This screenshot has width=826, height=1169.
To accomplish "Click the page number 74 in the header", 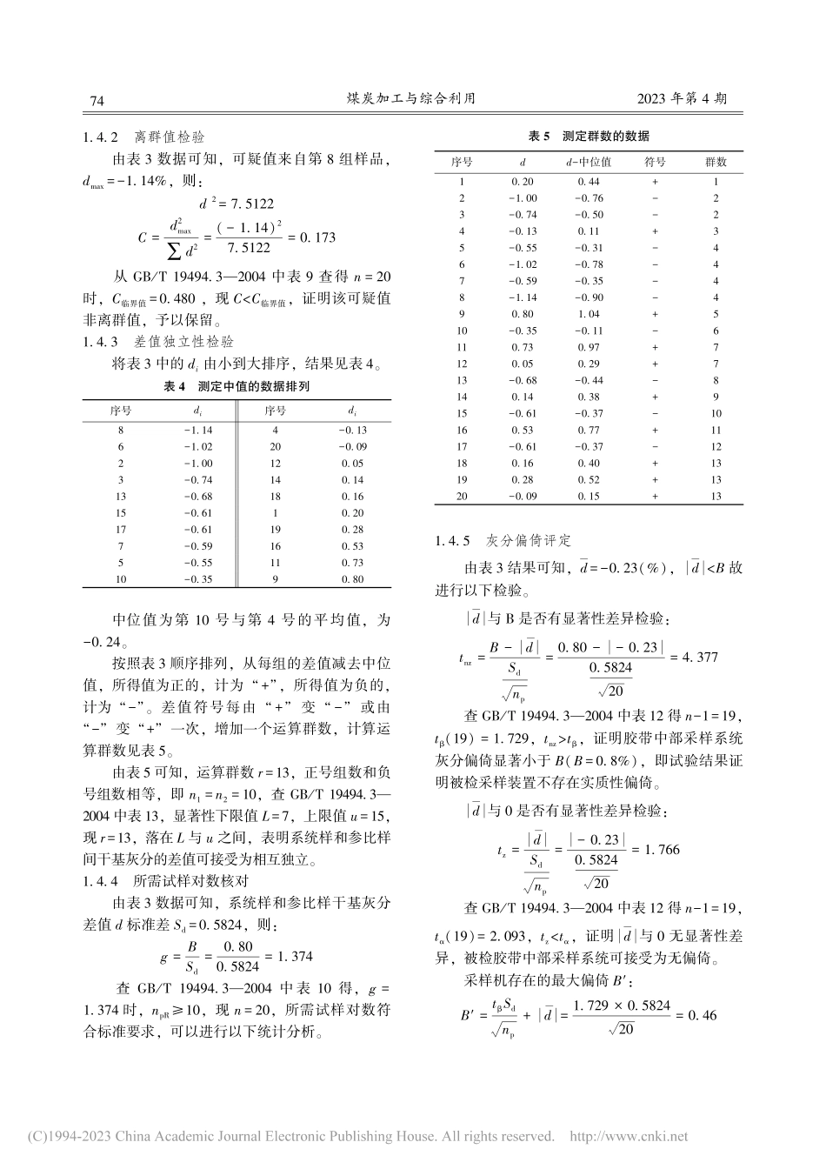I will (97, 102).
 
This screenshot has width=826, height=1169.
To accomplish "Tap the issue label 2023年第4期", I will (682, 100).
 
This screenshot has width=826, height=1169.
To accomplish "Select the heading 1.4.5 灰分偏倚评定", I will (503, 541).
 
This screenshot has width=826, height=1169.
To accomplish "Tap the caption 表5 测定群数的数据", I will (589, 137).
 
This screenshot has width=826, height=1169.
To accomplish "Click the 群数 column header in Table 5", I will (715, 162).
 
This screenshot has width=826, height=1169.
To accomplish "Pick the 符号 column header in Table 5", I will (655, 162).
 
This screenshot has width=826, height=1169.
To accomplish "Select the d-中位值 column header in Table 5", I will (589, 162).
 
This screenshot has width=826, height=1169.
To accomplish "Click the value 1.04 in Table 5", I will (589, 314).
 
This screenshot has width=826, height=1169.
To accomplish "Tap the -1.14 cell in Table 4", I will (198, 430).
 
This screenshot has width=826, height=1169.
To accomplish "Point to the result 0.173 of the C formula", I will (316, 237).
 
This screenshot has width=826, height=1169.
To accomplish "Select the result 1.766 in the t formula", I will (660, 848).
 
